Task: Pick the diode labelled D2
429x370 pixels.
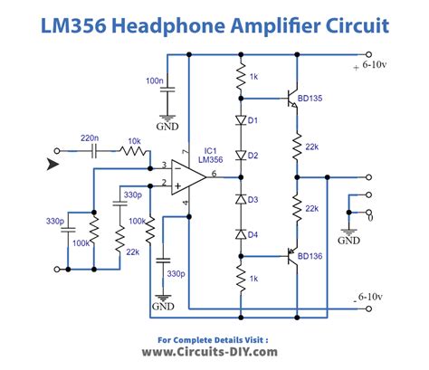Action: (x=242, y=154)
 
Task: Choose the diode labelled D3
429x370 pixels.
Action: (x=242, y=198)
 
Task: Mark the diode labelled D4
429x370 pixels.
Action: (x=242, y=235)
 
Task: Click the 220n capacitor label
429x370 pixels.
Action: (x=90, y=138)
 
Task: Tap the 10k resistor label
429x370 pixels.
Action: (x=133, y=142)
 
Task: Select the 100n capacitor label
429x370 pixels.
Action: (x=154, y=81)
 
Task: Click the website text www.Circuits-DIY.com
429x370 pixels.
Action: (x=214, y=354)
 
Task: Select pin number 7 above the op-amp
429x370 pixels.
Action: (x=185, y=151)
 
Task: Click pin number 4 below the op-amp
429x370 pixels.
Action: (x=186, y=204)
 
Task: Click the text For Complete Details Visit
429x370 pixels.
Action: (x=214, y=340)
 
